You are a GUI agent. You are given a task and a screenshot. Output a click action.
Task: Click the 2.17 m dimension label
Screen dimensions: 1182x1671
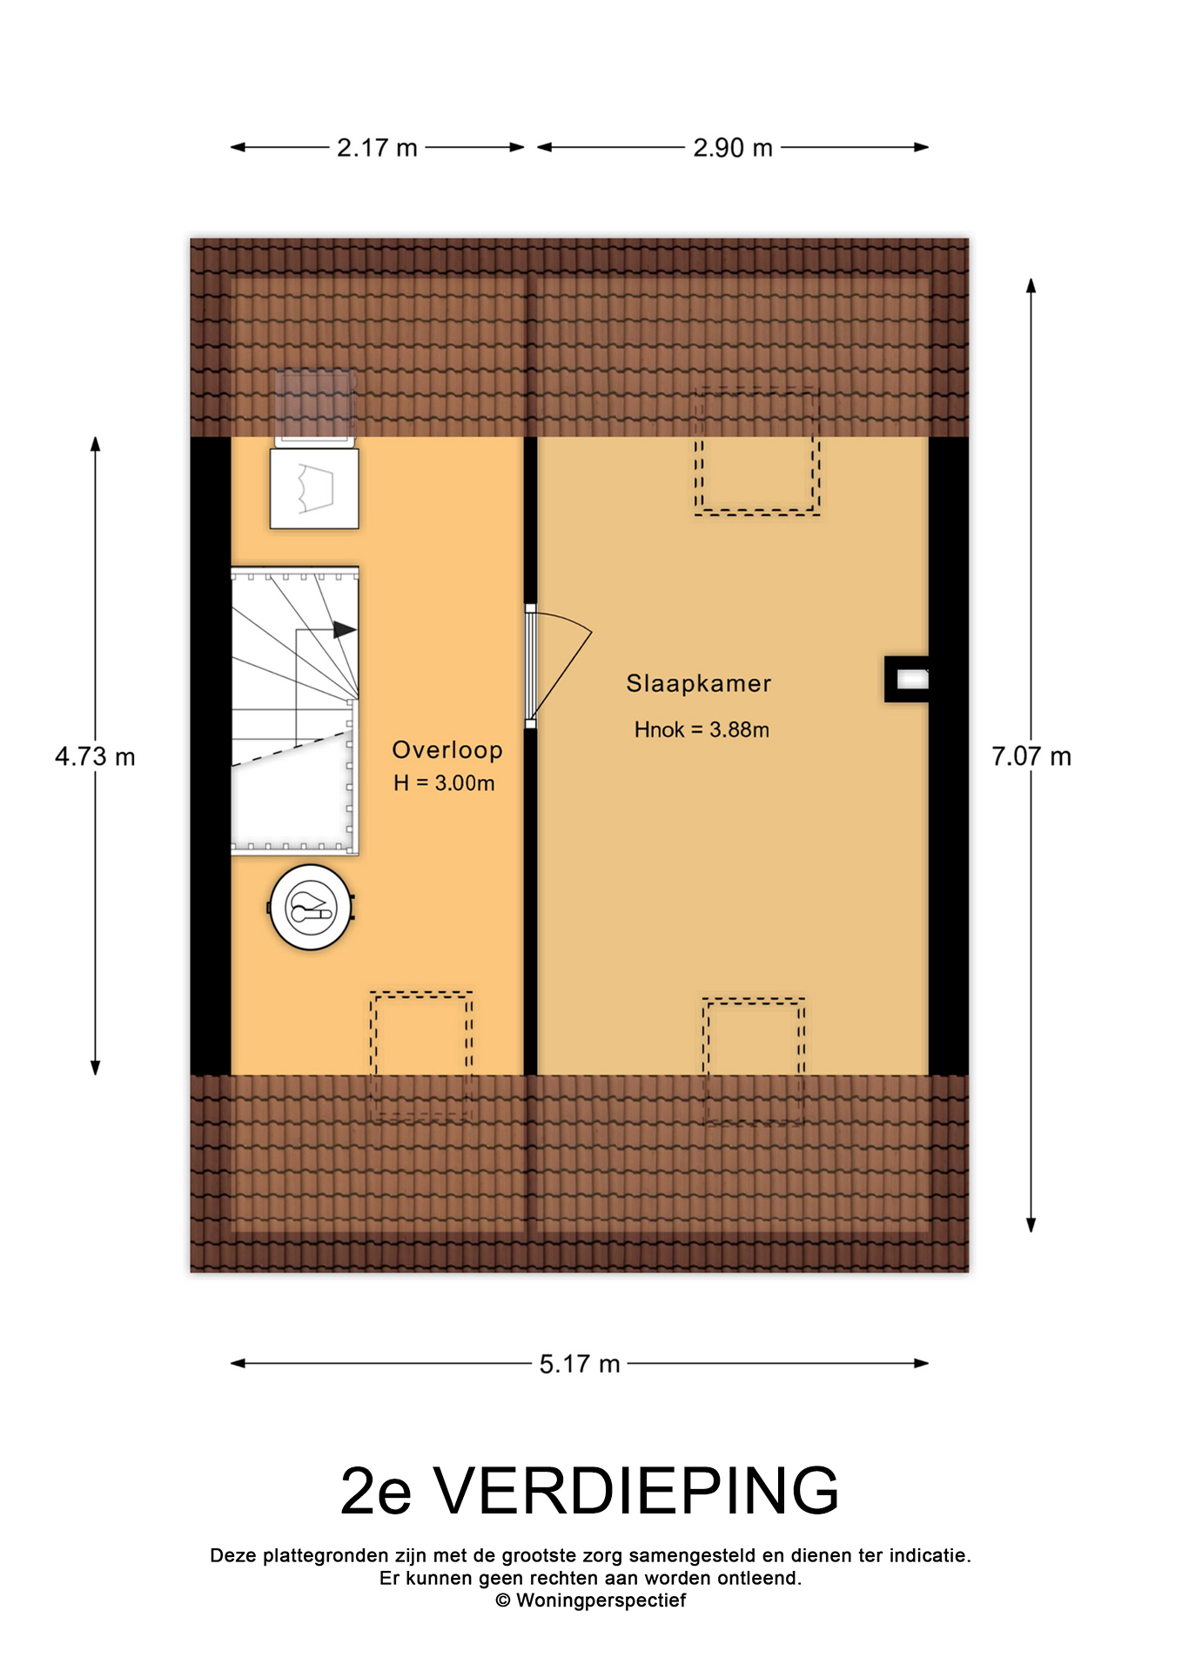click(x=377, y=148)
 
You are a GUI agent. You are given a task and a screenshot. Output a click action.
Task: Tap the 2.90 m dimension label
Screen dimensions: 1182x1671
click(x=733, y=148)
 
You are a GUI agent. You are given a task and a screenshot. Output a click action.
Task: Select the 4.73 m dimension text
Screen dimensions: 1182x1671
click(x=95, y=756)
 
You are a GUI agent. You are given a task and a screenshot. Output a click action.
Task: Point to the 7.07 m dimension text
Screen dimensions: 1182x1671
click(x=1031, y=756)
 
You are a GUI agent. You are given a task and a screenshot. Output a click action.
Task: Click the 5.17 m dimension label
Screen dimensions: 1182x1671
click(x=580, y=1364)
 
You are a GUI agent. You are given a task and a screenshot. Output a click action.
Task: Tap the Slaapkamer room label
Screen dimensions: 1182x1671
click(x=699, y=683)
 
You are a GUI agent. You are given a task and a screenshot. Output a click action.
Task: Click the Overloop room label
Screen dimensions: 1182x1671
click(x=447, y=750)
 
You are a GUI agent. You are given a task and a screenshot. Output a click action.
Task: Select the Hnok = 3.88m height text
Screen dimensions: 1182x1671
click(x=702, y=729)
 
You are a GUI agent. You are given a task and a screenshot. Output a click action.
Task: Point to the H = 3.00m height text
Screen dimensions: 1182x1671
click(x=444, y=783)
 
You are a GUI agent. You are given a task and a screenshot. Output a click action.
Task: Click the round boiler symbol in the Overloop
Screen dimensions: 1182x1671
click(x=311, y=907)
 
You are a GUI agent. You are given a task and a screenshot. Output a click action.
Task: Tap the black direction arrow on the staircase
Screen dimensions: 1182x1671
click(x=345, y=629)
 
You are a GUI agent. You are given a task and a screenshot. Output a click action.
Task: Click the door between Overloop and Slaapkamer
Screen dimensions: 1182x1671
click(x=531, y=666)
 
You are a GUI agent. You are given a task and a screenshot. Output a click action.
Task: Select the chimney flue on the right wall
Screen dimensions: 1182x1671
click(x=908, y=679)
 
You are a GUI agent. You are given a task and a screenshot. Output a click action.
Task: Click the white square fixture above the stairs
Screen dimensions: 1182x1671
click(x=314, y=488)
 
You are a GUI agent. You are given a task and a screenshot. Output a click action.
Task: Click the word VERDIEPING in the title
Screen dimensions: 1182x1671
click(x=636, y=1491)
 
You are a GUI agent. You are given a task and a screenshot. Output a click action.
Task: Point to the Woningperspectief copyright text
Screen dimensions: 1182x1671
click(x=591, y=1601)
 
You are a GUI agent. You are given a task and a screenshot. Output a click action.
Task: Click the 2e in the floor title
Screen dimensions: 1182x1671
click(x=375, y=1491)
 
